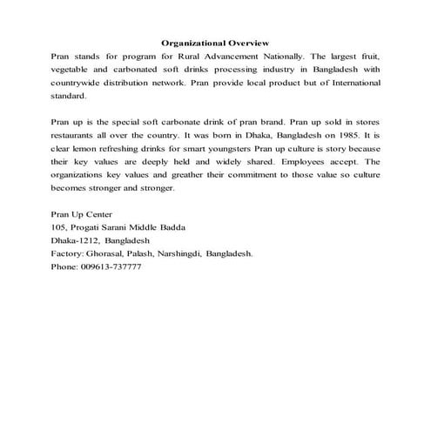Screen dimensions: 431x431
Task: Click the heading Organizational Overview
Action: [215, 43]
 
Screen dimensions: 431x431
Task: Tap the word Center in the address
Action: [98, 214]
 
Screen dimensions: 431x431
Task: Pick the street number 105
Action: [60, 227]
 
